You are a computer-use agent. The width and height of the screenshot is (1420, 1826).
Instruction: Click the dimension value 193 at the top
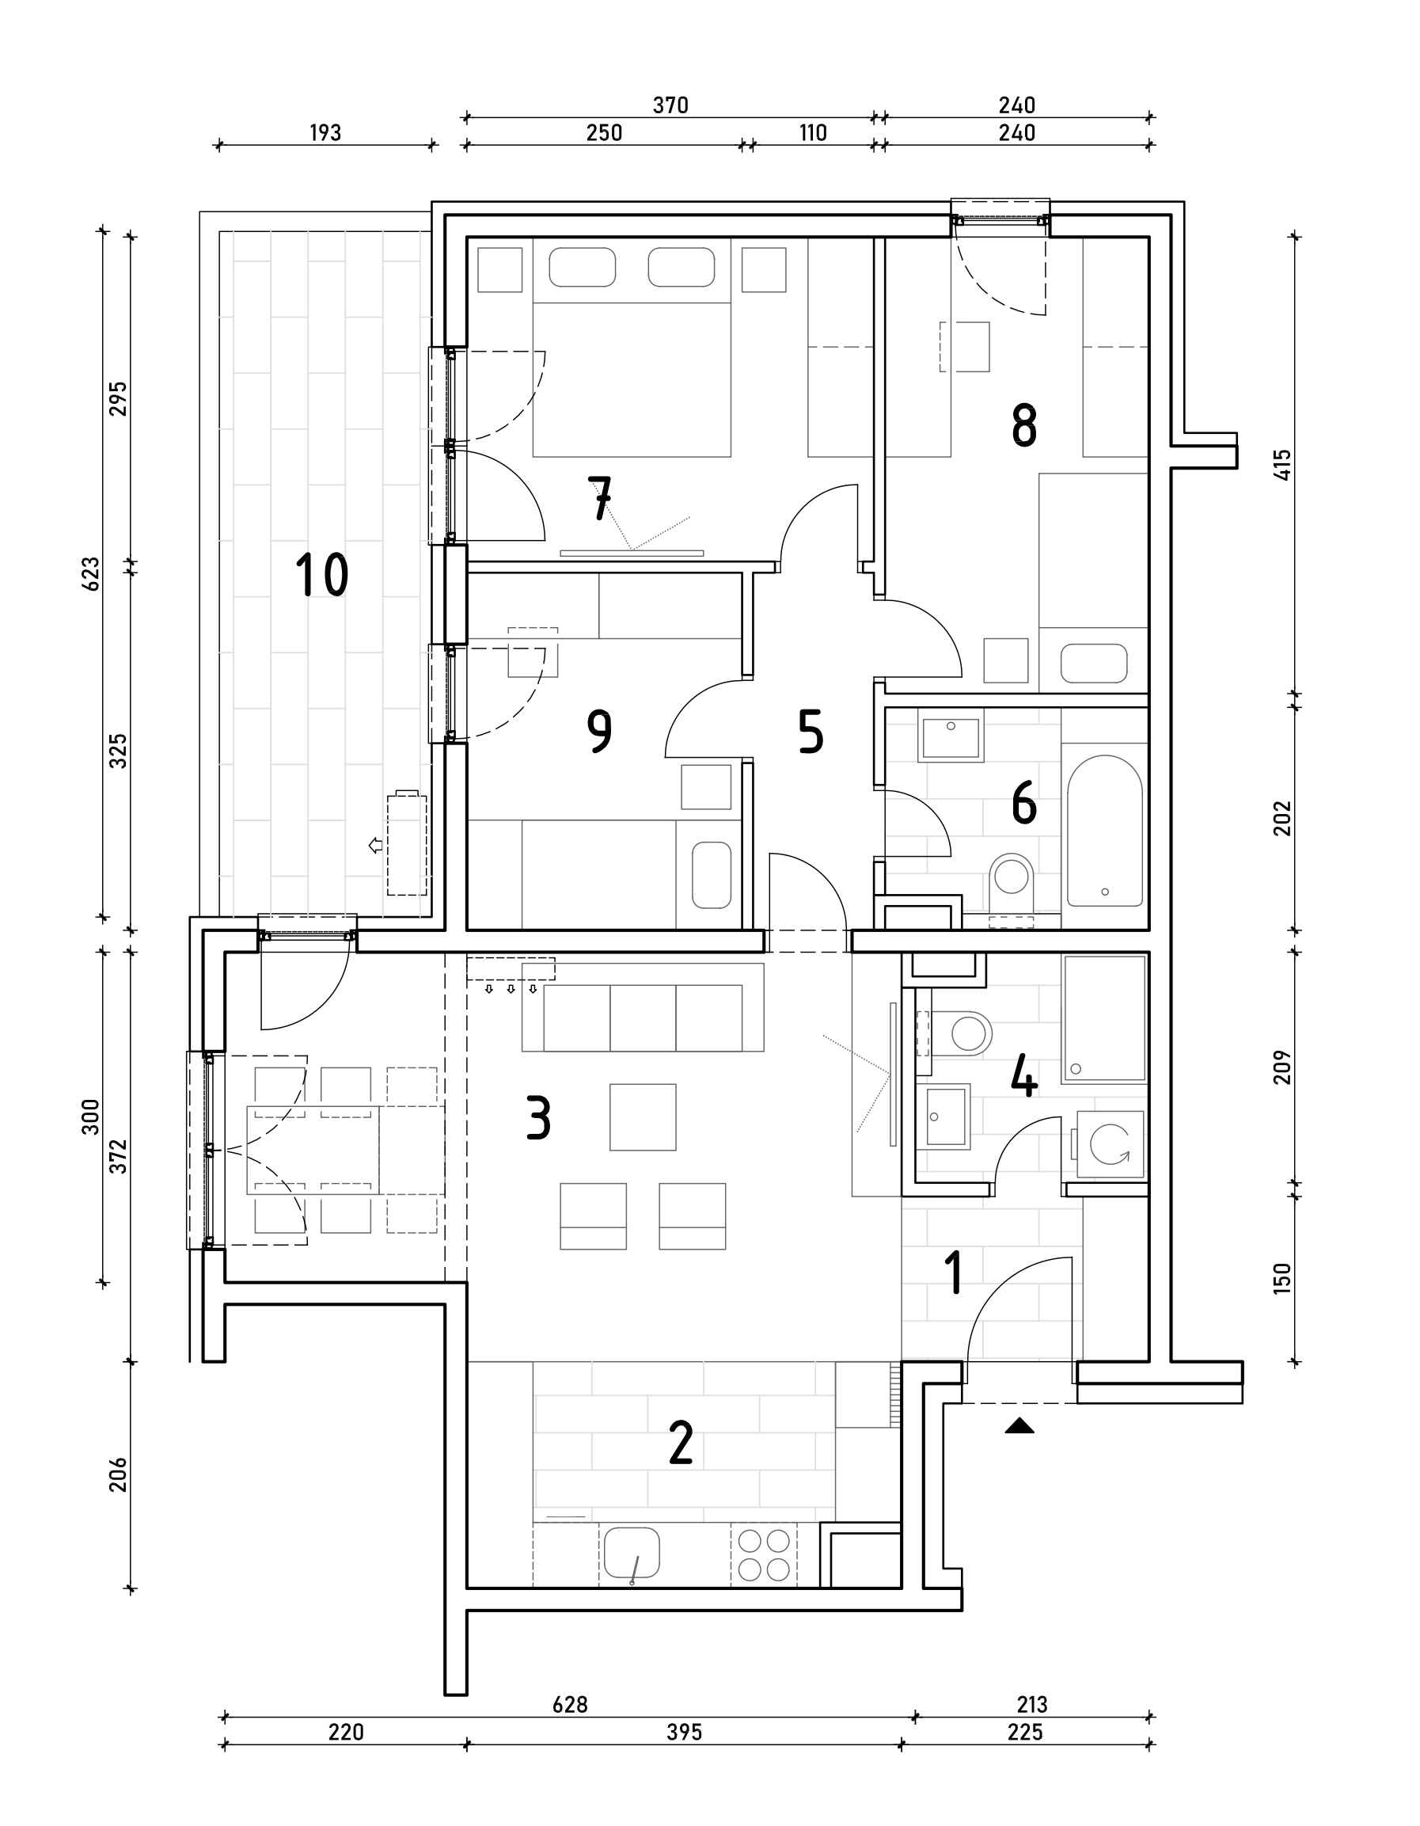pos(325,133)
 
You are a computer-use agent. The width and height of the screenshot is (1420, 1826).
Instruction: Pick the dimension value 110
pos(812,133)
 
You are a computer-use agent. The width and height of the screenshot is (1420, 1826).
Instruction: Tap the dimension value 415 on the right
pos(1283,464)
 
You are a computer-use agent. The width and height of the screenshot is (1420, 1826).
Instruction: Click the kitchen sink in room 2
pos(632,1554)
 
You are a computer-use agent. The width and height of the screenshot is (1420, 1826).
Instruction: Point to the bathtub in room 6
pos(1105,830)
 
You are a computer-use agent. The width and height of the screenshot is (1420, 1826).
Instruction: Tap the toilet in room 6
pos(1012,883)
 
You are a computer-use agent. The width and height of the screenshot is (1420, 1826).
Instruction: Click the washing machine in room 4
pos(1110,1143)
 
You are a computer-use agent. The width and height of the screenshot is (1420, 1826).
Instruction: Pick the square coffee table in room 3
pos(643,1117)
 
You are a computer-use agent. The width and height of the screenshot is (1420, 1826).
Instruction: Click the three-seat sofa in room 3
pos(643,1008)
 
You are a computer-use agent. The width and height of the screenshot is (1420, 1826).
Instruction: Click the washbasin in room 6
pos(951,736)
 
